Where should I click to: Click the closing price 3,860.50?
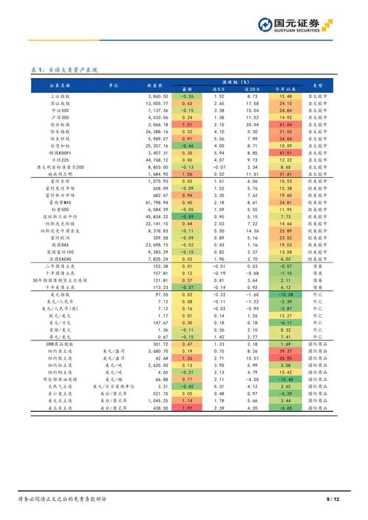pos(158,96)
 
